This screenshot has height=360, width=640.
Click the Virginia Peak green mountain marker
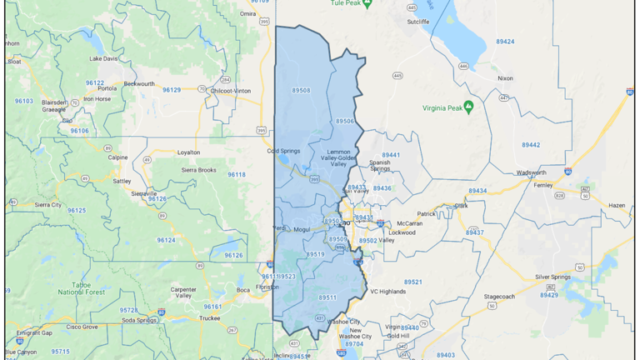[x=468, y=106]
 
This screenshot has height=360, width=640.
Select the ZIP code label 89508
[x=301, y=91]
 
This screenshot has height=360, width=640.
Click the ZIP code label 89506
[x=345, y=121]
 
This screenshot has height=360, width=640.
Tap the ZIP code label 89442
[x=531, y=145]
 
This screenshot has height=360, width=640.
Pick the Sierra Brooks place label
[x=198, y=169]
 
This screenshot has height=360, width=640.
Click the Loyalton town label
[x=188, y=152]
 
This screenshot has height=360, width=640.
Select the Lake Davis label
[x=104, y=58]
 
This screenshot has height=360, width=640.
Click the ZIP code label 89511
[x=327, y=297]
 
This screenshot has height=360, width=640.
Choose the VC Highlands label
[x=388, y=292]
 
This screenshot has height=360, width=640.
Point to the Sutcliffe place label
[x=418, y=22]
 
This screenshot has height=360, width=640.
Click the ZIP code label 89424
[x=504, y=41]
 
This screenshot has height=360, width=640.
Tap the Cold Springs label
[x=283, y=151]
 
